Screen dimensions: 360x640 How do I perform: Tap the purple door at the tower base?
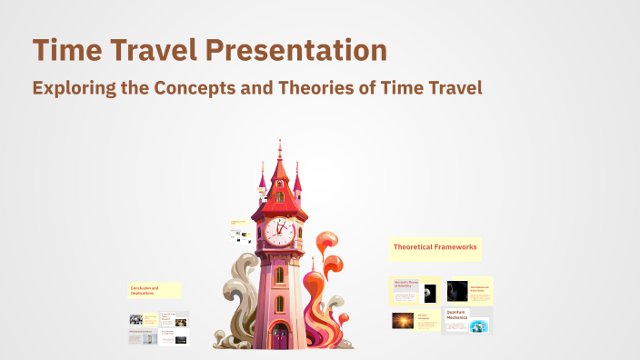(x=279, y=336)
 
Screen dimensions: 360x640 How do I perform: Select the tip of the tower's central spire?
(x=279, y=143)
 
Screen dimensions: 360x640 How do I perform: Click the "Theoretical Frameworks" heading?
(x=435, y=246)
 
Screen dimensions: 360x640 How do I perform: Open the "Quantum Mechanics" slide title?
(x=456, y=314)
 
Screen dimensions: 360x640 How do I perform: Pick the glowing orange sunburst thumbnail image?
(x=403, y=321)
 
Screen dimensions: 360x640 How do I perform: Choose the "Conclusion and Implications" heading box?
(x=154, y=291)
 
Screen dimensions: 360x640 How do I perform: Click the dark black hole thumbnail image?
(x=457, y=291)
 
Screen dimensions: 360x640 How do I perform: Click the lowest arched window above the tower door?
(x=279, y=304)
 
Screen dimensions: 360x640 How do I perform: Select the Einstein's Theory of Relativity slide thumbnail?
(x=415, y=291)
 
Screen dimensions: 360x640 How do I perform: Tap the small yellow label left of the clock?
(x=240, y=222)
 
